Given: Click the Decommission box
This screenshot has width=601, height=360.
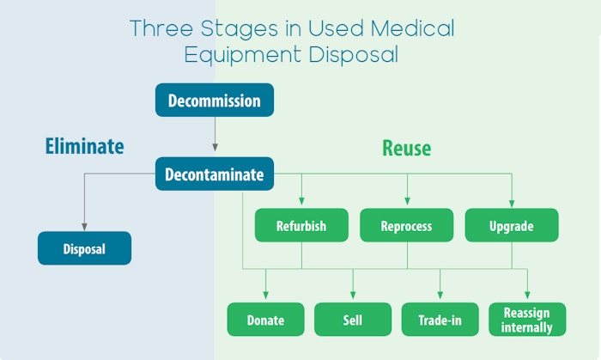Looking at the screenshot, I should click(x=214, y=100).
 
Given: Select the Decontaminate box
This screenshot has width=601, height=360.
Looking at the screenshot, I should click(x=214, y=174).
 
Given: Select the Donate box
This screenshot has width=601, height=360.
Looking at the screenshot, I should click(x=265, y=320).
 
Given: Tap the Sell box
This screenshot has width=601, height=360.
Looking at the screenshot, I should click(x=352, y=320).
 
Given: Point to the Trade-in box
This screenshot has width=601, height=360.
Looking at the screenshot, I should click(x=440, y=320).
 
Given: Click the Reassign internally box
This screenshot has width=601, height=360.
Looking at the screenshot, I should click(x=527, y=319).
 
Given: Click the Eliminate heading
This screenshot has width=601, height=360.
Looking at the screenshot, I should click(x=84, y=146).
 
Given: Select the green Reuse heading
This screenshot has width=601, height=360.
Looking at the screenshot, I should click(x=407, y=148).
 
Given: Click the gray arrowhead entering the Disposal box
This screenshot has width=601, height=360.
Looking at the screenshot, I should click(x=84, y=225).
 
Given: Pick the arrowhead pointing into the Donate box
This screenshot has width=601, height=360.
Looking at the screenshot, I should click(x=265, y=296).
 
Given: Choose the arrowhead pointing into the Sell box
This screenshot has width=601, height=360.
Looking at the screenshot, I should click(x=352, y=296).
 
